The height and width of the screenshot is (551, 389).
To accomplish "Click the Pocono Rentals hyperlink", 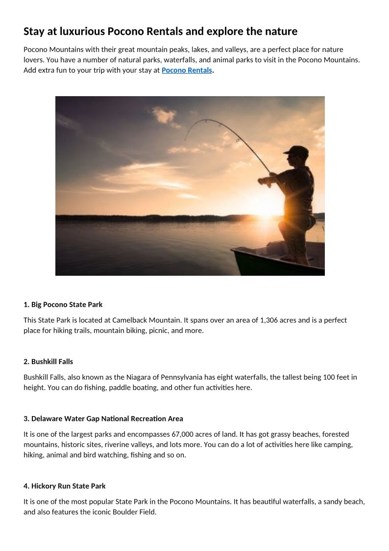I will point(187,70).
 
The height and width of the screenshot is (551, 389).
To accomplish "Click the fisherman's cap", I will point(296,150).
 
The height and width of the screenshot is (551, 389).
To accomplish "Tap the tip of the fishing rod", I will point(185,140).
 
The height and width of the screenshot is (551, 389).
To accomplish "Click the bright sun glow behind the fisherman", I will point(267,206).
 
